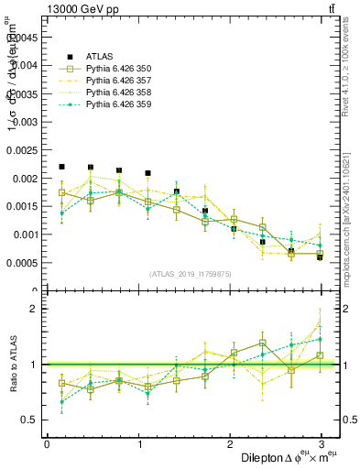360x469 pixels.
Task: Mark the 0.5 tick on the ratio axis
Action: point(30,420)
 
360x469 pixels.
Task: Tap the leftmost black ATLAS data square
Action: point(61,167)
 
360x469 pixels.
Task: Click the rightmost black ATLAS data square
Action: point(320,257)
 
